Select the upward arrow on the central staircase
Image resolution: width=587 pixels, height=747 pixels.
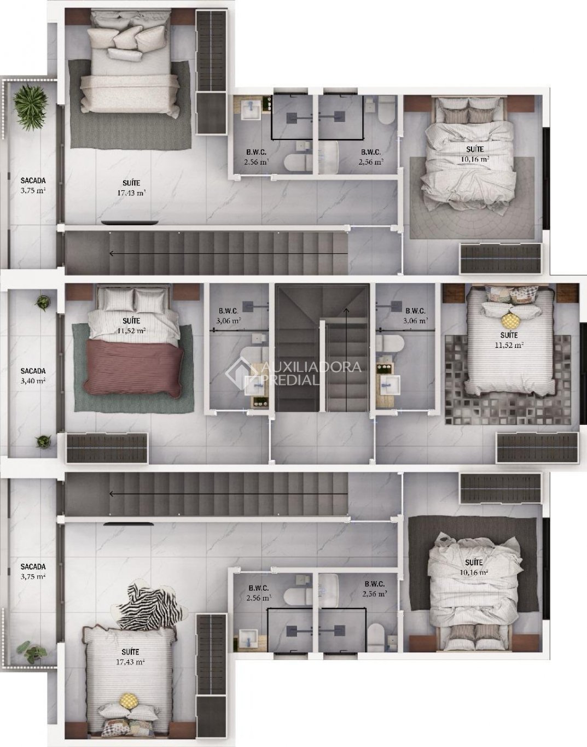pyautogui.click(x=346, y=360)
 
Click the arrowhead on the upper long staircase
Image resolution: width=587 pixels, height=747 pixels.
pyautogui.click(x=112, y=254)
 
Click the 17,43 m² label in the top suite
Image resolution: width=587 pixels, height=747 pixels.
pyautogui.click(x=132, y=192)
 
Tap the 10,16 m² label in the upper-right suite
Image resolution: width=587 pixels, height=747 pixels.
pyautogui.click(x=474, y=160)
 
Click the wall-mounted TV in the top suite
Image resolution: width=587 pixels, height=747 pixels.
pyautogui.click(x=130, y=223)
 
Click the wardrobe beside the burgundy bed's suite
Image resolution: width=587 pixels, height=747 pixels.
pyautogui.click(x=107, y=448)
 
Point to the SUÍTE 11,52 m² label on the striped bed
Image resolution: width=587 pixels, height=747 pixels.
pyautogui.click(x=509, y=340)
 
